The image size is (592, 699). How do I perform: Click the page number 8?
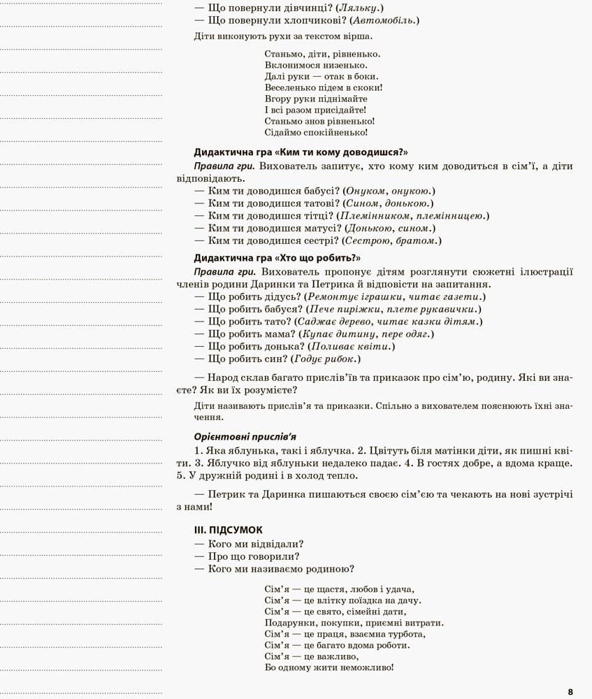570,692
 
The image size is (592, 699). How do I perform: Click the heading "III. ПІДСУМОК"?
228,530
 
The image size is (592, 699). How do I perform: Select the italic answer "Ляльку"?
359,8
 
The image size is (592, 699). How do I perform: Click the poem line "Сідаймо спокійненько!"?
316,132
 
